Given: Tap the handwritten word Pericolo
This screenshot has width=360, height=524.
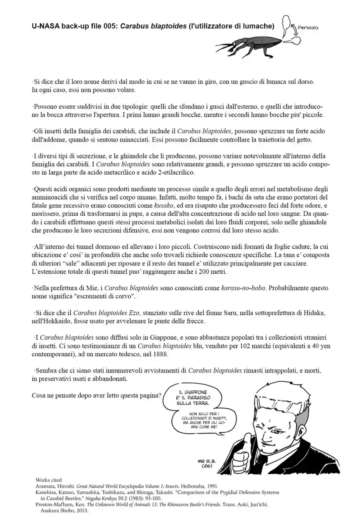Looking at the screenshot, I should coord(308,27).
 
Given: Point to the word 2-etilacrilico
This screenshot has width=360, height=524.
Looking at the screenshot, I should coord(173,172).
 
